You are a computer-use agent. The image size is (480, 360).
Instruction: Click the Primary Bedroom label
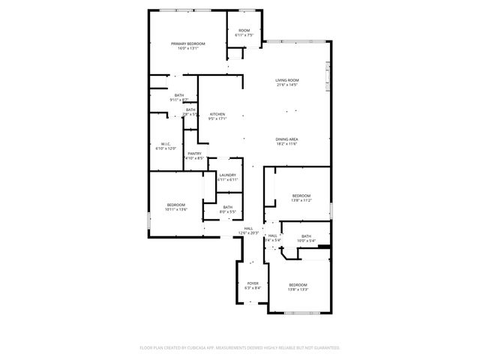click(x=187, y=44)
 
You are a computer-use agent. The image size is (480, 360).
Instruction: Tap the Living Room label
click(x=287, y=80)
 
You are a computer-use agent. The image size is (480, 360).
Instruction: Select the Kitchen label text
click(x=217, y=115)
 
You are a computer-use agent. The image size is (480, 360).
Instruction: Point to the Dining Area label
click(x=287, y=139)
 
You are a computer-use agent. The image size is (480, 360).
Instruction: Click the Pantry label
click(x=194, y=154)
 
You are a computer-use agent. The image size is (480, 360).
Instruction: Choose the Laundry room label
click(x=227, y=175)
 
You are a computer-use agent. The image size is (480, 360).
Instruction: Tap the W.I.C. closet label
click(x=166, y=144)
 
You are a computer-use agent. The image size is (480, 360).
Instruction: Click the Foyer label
click(x=253, y=283)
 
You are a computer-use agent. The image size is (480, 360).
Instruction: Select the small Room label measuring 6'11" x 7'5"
click(x=244, y=31)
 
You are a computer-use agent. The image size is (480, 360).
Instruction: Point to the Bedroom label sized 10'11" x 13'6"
click(x=176, y=205)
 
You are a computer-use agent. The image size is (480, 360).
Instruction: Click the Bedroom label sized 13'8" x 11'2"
click(x=301, y=196)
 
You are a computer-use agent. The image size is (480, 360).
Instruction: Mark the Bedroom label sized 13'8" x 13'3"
click(x=298, y=285)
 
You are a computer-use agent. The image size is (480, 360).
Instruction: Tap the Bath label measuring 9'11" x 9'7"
click(x=178, y=95)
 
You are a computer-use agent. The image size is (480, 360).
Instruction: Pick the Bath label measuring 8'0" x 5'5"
click(x=227, y=207)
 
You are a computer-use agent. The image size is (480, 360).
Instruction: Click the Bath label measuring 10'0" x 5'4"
click(x=306, y=236)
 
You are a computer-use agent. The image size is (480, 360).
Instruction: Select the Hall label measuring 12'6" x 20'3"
click(x=248, y=229)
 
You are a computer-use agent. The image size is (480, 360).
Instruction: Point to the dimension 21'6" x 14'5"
click(x=287, y=85)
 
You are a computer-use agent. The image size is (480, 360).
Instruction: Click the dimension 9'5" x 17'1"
click(x=217, y=119)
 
